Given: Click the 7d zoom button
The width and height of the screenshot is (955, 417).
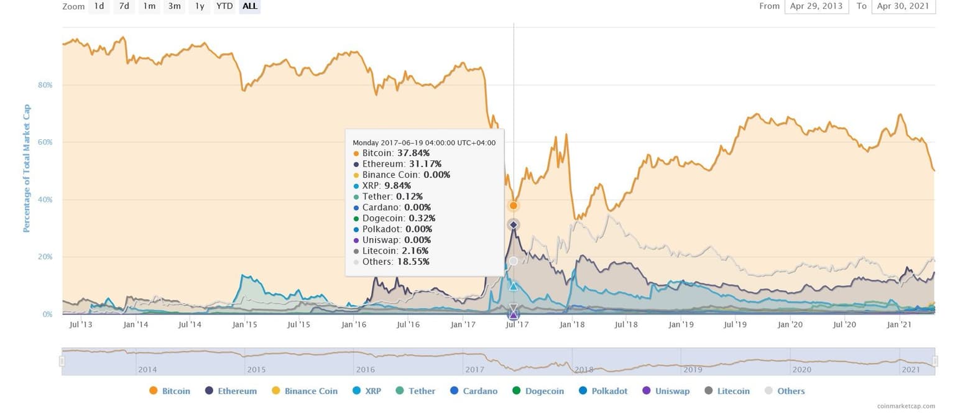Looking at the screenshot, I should [x=124, y=6].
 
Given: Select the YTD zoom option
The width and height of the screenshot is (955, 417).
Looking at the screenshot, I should [x=224, y=6].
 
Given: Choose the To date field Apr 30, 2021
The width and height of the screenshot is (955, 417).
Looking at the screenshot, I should [x=903, y=6].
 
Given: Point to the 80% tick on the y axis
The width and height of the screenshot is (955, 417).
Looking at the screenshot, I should [x=45, y=85].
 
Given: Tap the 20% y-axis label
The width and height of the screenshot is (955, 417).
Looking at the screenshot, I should [x=45, y=257].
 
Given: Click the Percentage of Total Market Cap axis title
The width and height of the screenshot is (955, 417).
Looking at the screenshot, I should [x=27, y=168].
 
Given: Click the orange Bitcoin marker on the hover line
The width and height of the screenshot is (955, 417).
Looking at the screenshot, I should [x=514, y=206].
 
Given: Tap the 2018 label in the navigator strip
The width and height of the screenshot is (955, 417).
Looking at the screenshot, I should [x=583, y=370].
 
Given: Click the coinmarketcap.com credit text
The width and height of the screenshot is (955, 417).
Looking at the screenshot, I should [x=906, y=406].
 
